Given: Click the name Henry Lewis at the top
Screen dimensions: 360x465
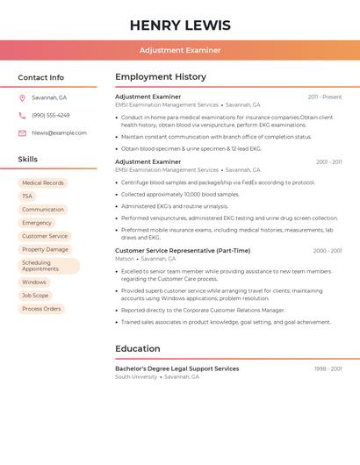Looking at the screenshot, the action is point(180,25).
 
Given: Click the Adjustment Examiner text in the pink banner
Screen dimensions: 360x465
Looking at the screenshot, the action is point(180,50).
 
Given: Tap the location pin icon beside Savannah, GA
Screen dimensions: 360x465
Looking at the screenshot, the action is point(22,97).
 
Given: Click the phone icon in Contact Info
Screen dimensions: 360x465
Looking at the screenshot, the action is point(22,115).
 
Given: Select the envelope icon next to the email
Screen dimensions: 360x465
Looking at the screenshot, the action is point(22,133).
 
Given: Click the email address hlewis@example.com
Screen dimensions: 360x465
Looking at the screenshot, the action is point(59,133).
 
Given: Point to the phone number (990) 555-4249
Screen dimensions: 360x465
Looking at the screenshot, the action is point(50,115).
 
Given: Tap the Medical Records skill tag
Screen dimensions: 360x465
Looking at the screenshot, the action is point(43,183).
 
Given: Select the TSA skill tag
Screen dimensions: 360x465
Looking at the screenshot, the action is point(27,197).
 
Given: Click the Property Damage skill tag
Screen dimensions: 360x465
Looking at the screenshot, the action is point(45,249).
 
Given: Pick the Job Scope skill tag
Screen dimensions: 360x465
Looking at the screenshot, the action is point(35,296).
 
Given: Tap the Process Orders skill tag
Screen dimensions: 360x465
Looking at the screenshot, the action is point(41,309).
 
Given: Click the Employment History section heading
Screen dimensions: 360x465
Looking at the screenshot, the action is point(160,77).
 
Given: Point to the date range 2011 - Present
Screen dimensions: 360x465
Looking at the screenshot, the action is point(325,97).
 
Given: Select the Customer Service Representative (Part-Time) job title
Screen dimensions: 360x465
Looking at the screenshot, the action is point(183,251).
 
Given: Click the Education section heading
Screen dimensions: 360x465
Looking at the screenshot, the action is point(137,348).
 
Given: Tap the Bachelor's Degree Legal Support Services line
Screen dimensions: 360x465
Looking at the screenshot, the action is point(176,368).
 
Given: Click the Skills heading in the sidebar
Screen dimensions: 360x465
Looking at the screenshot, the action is point(27,160).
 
